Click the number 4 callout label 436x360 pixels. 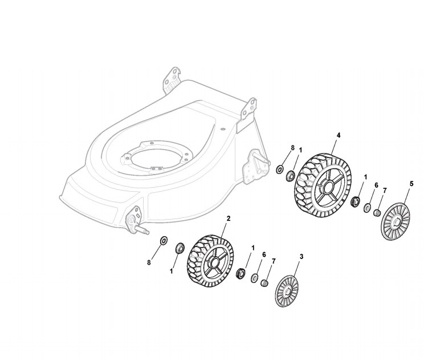coord(339,135)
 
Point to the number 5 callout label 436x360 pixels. coord(412,184)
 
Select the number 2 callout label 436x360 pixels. coord(229,219)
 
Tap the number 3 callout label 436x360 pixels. coord(301,256)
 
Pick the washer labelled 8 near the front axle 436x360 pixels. coord(164,240)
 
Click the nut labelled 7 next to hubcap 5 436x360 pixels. coord(377,213)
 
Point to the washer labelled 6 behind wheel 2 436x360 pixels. coord(255,278)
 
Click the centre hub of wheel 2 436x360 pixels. coord(214,263)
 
